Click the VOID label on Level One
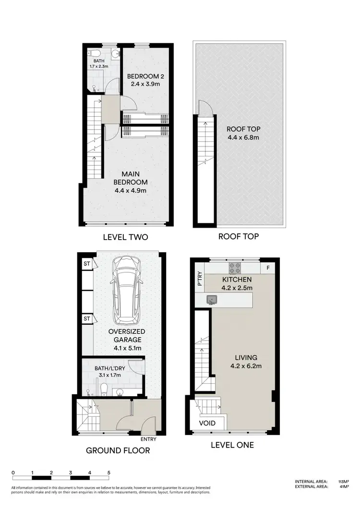(207, 423)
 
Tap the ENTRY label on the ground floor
(148, 438)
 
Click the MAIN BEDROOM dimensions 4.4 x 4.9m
(130, 191)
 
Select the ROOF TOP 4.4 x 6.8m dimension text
(243, 137)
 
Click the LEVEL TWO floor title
(126, 237)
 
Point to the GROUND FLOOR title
(118, 450)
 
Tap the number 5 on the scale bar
(109, 473)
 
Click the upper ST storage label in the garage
(87, 263)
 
